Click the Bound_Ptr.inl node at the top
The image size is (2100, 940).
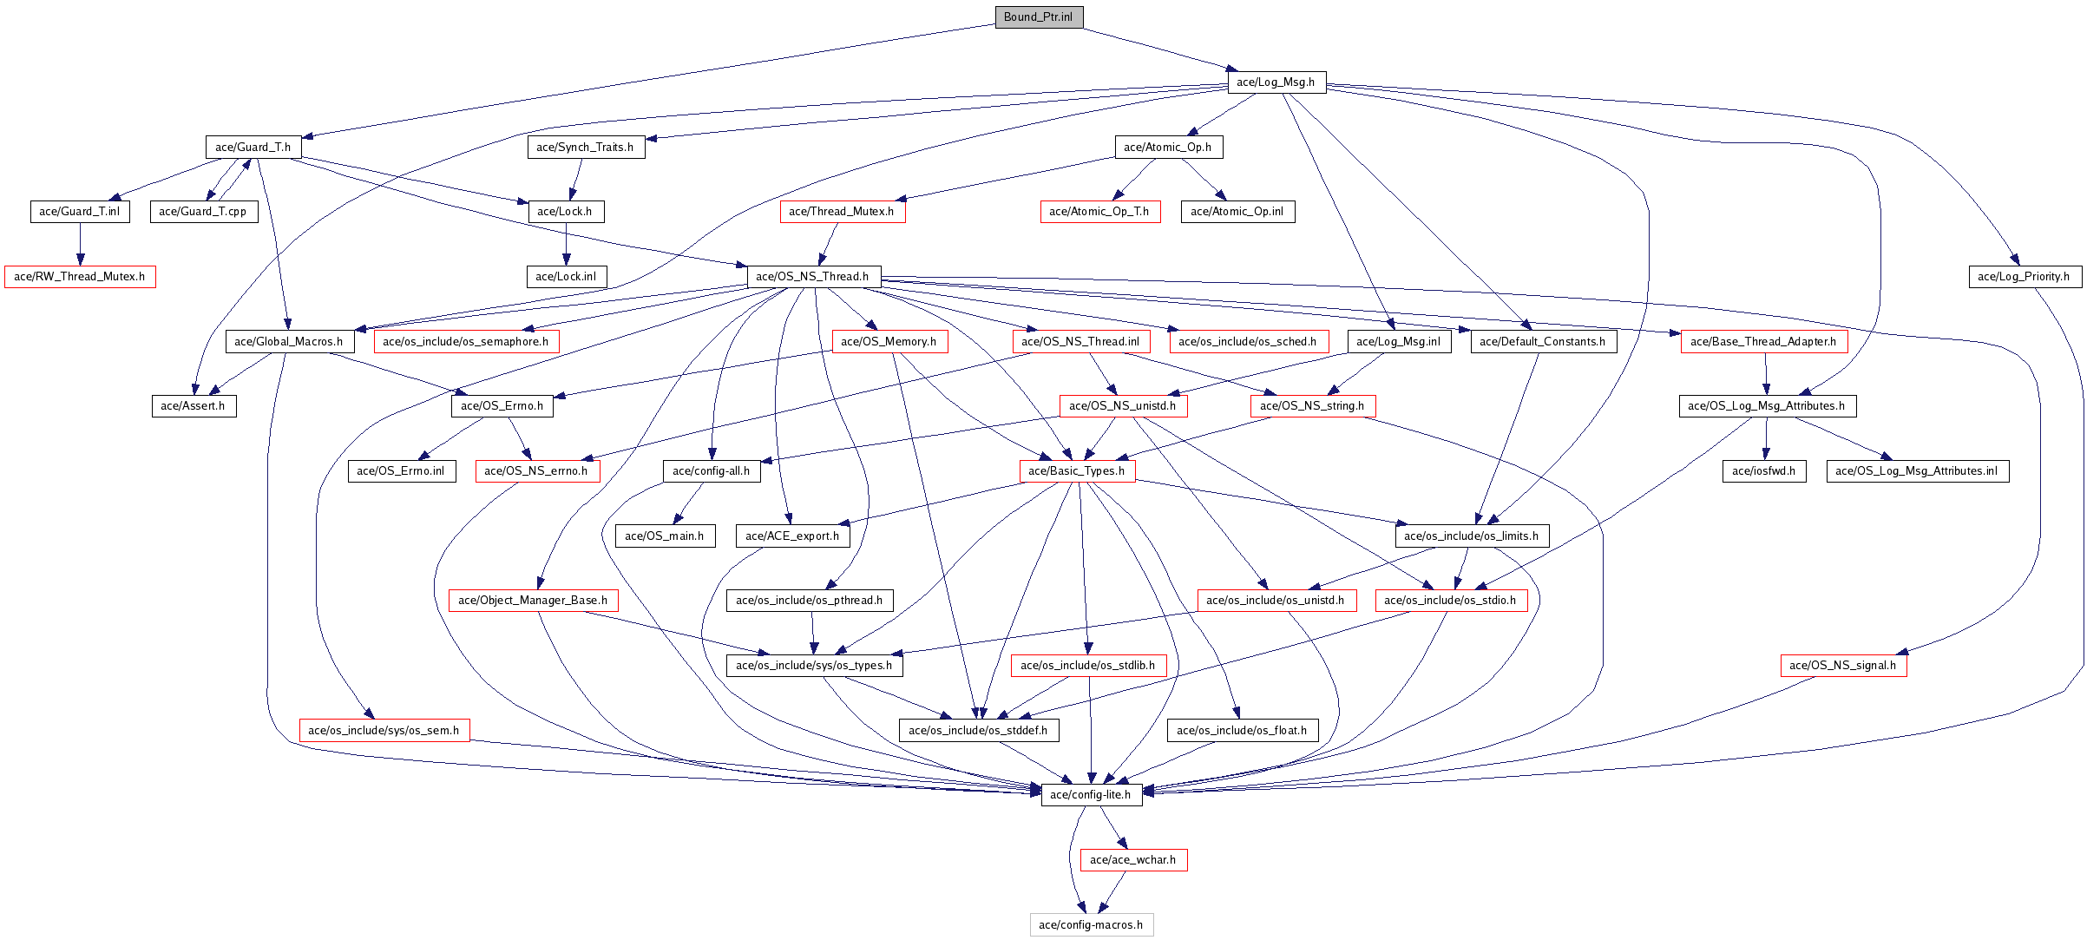coord(1039,16)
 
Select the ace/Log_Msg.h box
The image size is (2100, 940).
coord(1276,82)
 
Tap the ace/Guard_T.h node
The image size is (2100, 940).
coord(253,147)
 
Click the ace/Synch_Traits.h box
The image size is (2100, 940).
coord(586,147)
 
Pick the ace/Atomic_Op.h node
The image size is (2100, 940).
coord(1169,147)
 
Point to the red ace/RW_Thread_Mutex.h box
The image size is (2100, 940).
coord(80,276)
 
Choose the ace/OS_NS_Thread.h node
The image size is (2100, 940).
coord(813,276)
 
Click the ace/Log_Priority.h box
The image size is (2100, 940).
coord(2025,276)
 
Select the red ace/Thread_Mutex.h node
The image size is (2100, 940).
coord(842,211)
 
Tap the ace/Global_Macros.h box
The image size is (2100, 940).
coord(290,341)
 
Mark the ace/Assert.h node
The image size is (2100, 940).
coord(194,405)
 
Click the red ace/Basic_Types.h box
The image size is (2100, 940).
coord(1077,470)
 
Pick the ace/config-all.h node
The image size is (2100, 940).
coord(712,470)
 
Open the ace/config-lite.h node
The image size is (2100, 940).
coord(1091,794)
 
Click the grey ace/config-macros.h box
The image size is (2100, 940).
coord(1092,924)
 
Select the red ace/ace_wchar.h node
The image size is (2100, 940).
coord(1133,859)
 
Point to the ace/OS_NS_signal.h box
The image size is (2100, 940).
coord(1843,665)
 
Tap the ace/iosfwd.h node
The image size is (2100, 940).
coord(1764,470)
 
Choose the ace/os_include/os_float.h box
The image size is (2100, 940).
coord(1243,730)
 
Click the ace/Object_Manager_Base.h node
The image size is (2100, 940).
coord(533,600)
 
